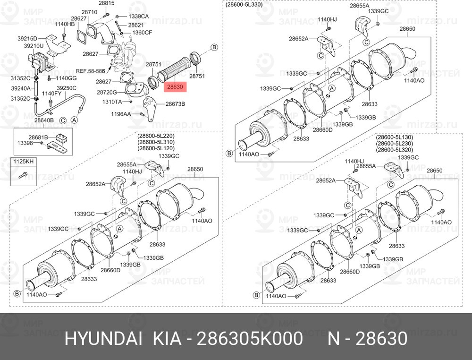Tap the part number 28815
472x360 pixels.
[x=106, y=3]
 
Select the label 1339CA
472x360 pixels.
[x=138, y=16]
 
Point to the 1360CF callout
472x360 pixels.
[x=142, y=33]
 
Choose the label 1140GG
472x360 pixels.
[x=66, y=78]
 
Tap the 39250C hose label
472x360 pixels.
[x=67, y=88]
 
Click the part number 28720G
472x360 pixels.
[x=107, y=93]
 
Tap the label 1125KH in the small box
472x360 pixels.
[x=23, y=162]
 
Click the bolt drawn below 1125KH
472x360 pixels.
[x=22, y=175]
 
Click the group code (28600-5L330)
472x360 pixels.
[x=244, y=4]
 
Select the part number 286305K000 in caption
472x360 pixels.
[x=249, y=339]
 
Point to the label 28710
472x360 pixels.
[x=89, y=12]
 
